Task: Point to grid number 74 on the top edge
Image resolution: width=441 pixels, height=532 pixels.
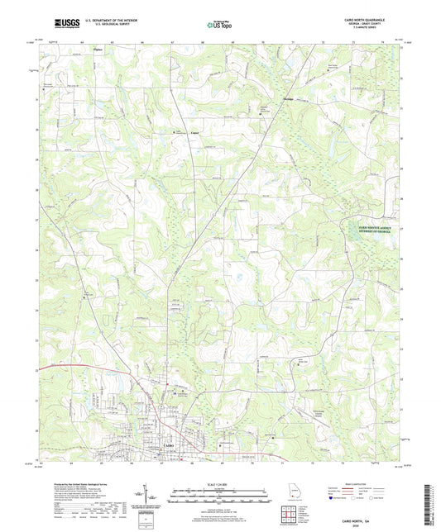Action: pyautogui.click(x=382, y=39)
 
